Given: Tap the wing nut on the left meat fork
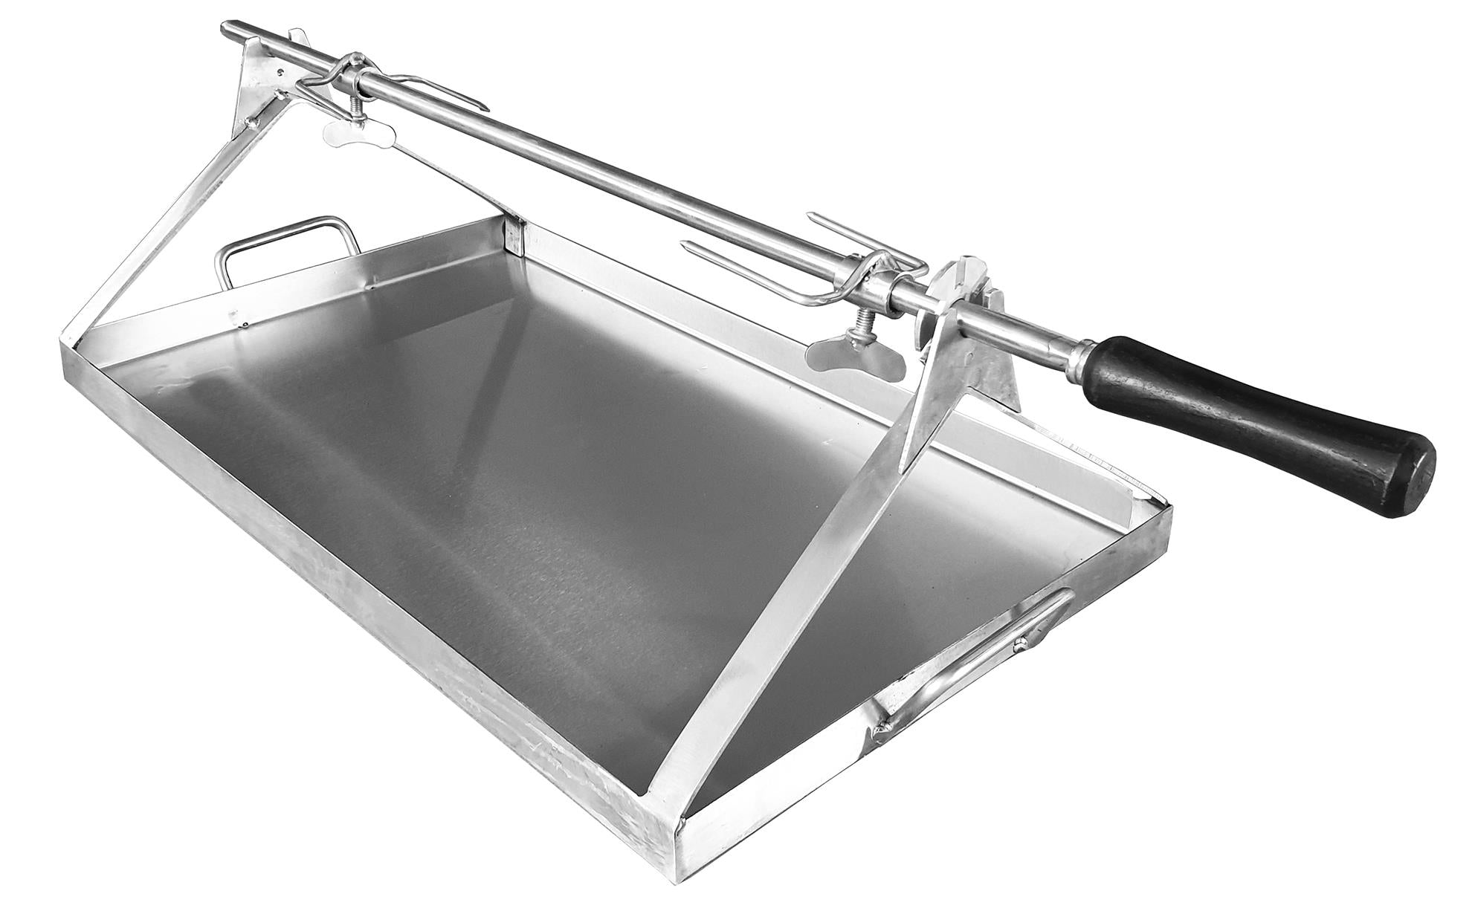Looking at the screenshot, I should [349, 133].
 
